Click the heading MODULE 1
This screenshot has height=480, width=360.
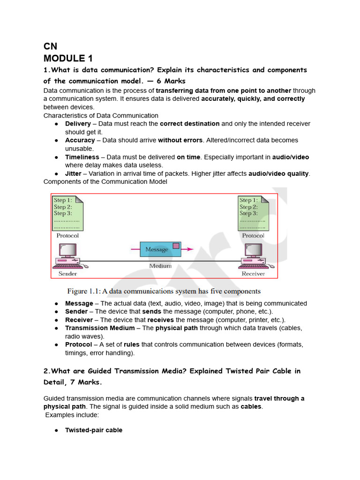(x=68, y=58)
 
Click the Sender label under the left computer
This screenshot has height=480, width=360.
(x=67, y=274)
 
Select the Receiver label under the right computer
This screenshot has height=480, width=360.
(x=253, y=274)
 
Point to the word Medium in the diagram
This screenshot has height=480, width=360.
(x=160, y=266)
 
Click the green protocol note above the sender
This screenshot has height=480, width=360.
(x=67, y=213)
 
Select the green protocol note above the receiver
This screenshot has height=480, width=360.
(x=253, y=213)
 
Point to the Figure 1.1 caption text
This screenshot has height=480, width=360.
(x=164, y=291)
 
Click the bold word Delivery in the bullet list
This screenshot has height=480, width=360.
(x=78, y=124)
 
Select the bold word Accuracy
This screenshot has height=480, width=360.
(x=80, y=140)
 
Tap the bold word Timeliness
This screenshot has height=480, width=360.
(x=82, y=157)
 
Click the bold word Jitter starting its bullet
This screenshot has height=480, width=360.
(x=73, y=173)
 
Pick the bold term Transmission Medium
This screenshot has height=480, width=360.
(x=100, y=328)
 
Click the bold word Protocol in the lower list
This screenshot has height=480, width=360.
(x=78, y=345)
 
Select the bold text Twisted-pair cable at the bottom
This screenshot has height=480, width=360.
(x=94, y=430)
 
